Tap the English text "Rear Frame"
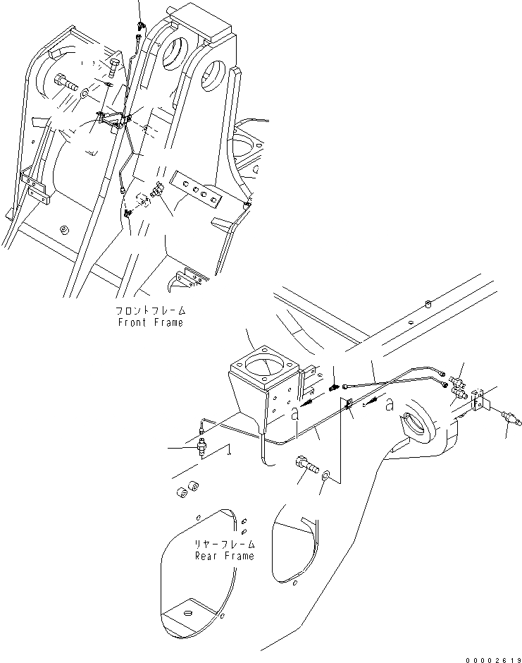225,556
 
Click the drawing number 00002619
492,656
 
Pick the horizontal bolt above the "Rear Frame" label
308,466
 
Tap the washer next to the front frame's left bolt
85,92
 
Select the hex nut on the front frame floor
65,230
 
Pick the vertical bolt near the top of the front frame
114,68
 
